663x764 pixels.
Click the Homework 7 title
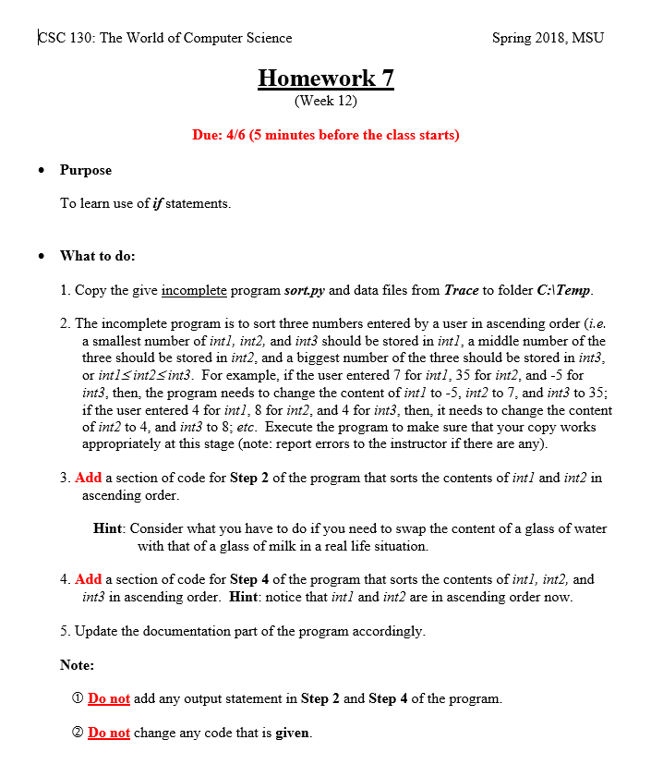coord(325,78)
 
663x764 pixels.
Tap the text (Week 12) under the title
coord(325,101)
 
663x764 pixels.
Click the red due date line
coord(325,135)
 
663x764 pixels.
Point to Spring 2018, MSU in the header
coord(548,38)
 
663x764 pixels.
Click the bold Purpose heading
coord(86,170)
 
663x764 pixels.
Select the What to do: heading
coord(97,255)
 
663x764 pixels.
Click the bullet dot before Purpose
coord(41,171)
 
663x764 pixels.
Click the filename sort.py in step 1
coord(301,290)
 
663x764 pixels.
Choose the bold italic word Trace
coord(461,290)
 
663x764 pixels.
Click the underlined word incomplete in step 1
coord(194,290)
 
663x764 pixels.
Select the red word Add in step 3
coord(88,478)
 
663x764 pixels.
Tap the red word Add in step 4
coord(88,579)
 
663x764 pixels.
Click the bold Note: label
coord(77,664)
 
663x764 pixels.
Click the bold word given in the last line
coord(293,733)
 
